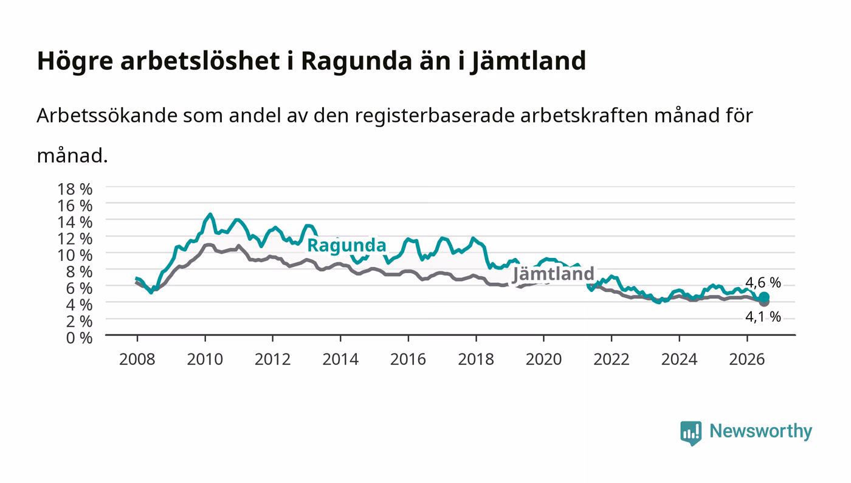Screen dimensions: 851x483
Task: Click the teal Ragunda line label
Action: pos(346,245)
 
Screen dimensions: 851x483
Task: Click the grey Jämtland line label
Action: pos(554,274)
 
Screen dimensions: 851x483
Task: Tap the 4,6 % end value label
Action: pos(763,283)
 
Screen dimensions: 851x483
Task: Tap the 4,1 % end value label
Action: pos(763,316)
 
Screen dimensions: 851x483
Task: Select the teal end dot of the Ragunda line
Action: pos(764,297)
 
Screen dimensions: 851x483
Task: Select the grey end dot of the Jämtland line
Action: pos(764,302)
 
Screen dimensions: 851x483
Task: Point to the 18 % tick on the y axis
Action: pos(75,189)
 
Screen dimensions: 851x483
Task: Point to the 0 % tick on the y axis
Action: pos(80,338)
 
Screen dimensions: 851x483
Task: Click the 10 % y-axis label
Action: pos(75,255)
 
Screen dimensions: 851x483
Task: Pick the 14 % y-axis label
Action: pos(75,222)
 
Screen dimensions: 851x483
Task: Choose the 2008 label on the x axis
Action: pos(137,360)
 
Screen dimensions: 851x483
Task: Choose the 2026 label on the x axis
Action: pos(747,360)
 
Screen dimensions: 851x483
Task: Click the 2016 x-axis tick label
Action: pos(408,360)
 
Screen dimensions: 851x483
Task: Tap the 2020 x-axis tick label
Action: pos(543,360)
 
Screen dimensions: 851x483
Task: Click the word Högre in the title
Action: pos(75,61)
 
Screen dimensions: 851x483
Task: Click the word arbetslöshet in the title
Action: pos(200,60)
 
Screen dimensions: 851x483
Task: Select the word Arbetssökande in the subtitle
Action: pos(107,115)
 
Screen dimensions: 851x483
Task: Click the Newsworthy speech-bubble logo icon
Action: pos(691,433)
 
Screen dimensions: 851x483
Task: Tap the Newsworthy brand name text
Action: pos(761,431)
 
